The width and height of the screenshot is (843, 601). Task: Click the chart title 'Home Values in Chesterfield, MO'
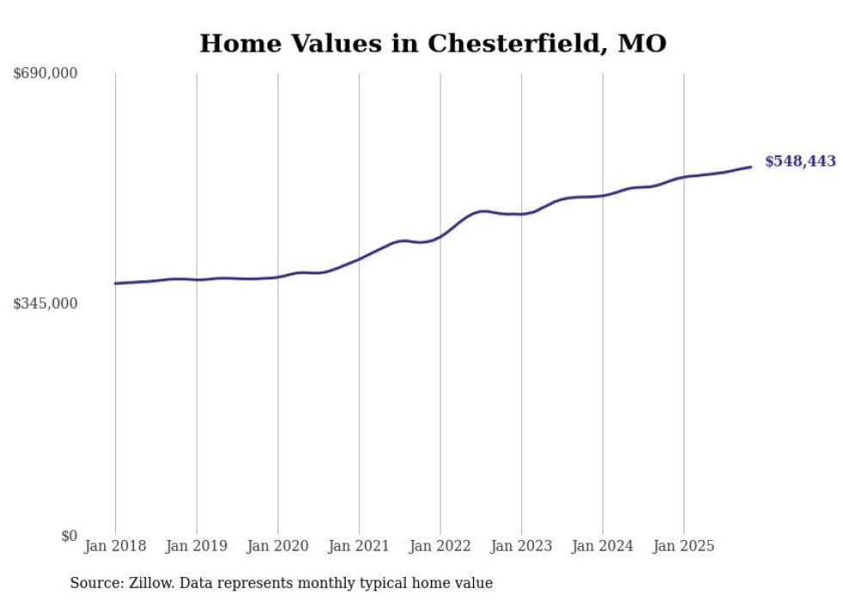coord(433,43)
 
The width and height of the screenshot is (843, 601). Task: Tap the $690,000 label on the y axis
coord(46,74)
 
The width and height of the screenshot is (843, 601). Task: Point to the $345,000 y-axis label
coord(46,304)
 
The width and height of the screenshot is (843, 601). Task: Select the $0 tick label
coord(69,536)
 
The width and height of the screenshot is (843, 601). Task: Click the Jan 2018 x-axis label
coord(115,546)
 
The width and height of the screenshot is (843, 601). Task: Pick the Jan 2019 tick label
coord(196,546)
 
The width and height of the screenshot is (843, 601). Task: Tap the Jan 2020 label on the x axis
coord(278,546)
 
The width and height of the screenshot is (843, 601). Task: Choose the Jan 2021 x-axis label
coord(359,546)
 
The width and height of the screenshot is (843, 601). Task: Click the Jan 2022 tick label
coord(440,546)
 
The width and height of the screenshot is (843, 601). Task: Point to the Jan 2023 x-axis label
coord(521,546)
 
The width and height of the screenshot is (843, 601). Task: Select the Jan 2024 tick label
coord(603,546)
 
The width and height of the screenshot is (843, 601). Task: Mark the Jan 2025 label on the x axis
coord(684,546)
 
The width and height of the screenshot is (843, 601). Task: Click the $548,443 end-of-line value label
coord(800,162)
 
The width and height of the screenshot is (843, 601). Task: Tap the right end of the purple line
coord(751,167)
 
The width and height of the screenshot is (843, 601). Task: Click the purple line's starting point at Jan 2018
coord(115,283)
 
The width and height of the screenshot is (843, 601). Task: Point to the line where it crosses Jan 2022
coord(440,236)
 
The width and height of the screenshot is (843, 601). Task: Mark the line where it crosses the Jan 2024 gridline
coord(603,195)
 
